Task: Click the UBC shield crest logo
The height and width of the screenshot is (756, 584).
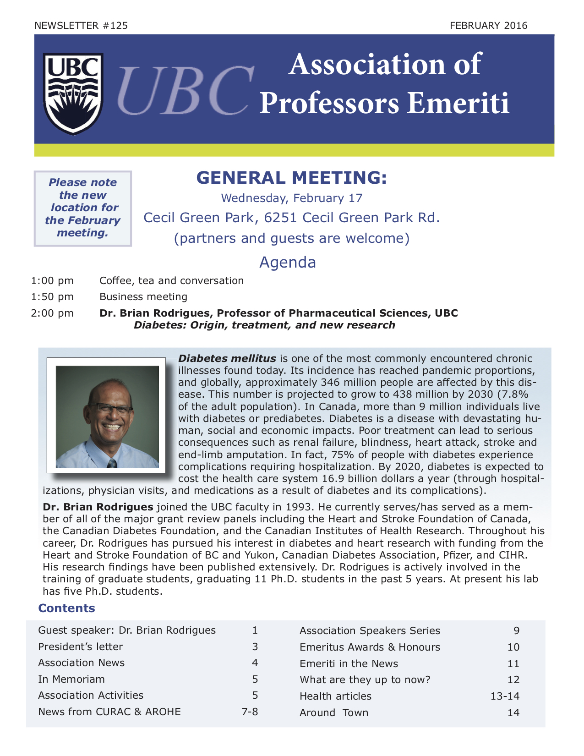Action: coord(73,93)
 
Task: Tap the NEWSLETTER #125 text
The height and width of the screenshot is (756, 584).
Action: coord(81,26)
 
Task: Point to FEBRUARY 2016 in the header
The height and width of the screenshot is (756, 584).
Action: coord(488,26)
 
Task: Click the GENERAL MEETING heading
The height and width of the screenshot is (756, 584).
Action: coord(291,178)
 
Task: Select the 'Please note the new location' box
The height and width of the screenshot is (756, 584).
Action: coord(83,208)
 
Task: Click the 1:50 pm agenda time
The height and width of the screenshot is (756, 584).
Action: coord(52,297)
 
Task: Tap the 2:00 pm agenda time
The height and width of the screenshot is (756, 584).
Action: coord(52,313)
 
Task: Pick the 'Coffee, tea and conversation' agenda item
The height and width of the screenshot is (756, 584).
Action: coord(171,280)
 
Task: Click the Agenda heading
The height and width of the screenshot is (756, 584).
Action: coord(288,262)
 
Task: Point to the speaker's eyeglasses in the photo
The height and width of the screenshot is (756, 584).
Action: coord(111,408)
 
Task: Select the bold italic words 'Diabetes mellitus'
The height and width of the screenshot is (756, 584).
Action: coord(227,358)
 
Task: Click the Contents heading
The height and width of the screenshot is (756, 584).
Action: coord(67,608)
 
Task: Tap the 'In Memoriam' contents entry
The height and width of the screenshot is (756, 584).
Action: coord(71,679)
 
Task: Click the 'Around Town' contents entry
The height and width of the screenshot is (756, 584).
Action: coord(334,712)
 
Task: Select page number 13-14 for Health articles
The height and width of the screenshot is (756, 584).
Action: coord(505,696)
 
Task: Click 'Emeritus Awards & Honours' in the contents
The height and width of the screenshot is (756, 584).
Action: coord(370,647)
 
